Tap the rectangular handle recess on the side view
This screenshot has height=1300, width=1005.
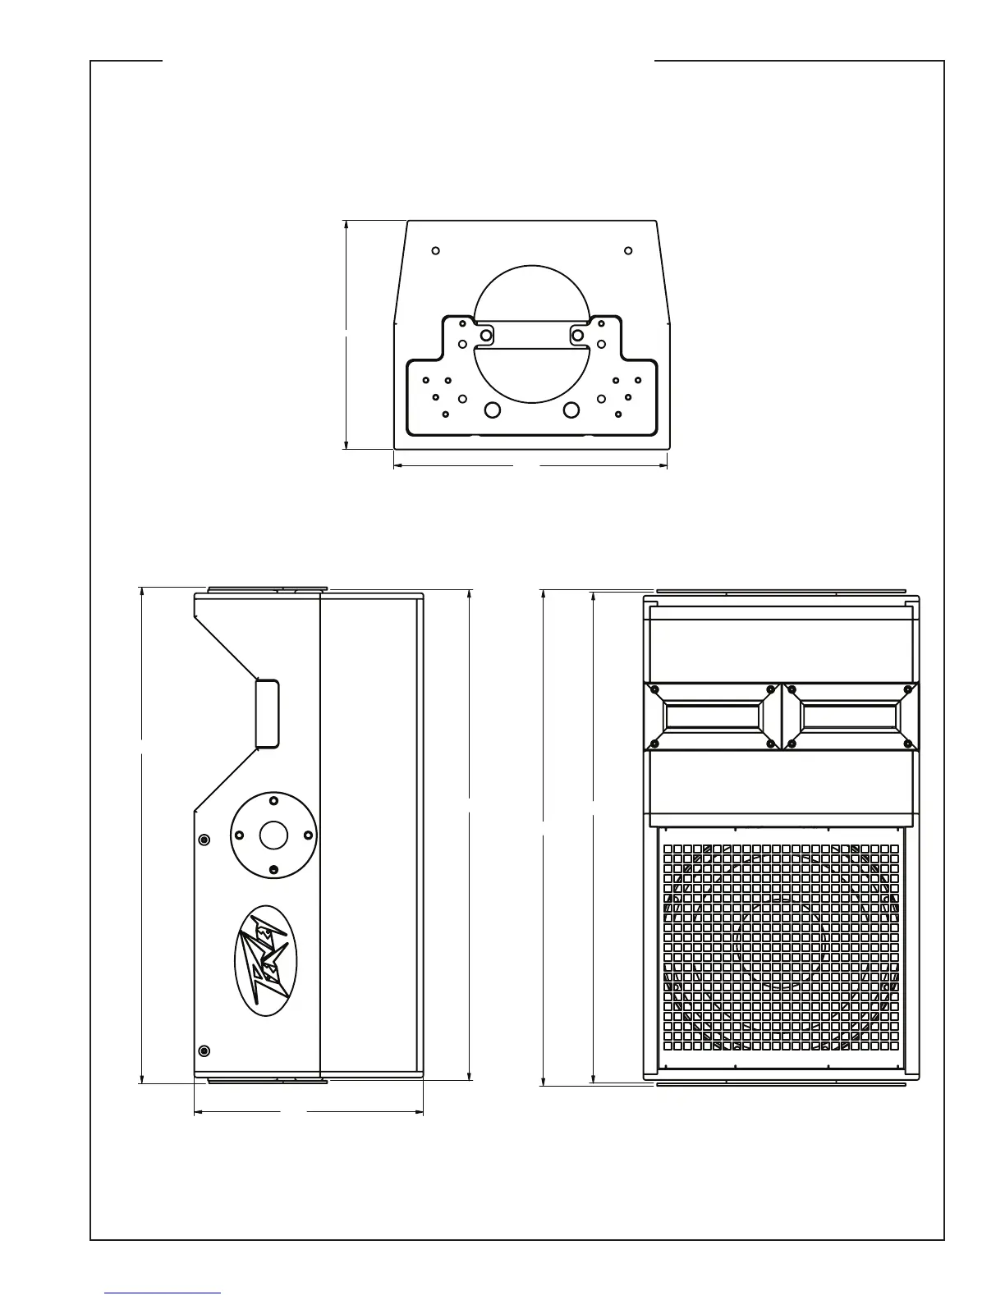click(267, 713)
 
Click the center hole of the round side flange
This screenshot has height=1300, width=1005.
click(273, 835)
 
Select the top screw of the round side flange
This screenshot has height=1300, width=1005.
click(273, 800)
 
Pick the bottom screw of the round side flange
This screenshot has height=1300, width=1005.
click(273, 870)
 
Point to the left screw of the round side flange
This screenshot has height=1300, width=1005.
click(239, 835)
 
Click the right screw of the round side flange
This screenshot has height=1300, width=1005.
click(308, 835)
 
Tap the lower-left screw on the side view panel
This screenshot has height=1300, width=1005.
click(204, 1051)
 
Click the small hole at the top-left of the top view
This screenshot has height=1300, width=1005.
click(436, 250)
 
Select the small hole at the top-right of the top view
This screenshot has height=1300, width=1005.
click(628, 250)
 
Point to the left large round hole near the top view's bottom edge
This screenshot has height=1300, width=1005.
click(492, 410)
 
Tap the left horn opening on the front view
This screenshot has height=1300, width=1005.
click(712, 716)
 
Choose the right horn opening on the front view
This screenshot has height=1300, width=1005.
click(850, 716)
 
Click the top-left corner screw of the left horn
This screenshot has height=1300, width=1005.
click(655, 689)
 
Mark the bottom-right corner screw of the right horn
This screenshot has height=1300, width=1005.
click(908, 744)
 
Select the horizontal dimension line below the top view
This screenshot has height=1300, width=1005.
click(530, 465)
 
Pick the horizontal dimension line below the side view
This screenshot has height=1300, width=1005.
click(308, 1113)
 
